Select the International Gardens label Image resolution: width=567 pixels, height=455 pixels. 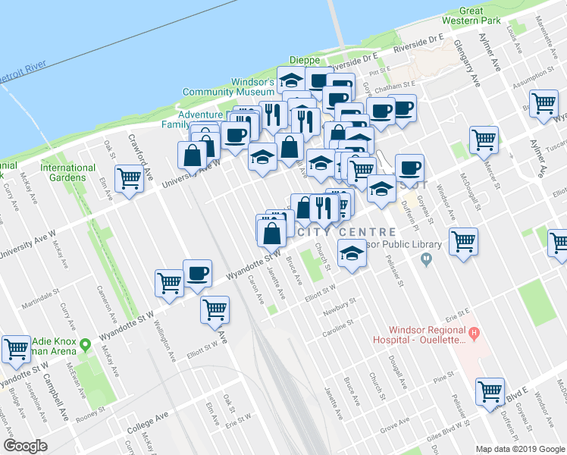pos(63,172)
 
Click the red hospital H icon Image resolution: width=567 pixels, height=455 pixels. pos(474,331)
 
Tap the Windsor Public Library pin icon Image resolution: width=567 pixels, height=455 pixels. pos(426,259)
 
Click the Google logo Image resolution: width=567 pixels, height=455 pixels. pos(27,445)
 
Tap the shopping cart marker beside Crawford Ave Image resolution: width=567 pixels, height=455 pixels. pos(130,179)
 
